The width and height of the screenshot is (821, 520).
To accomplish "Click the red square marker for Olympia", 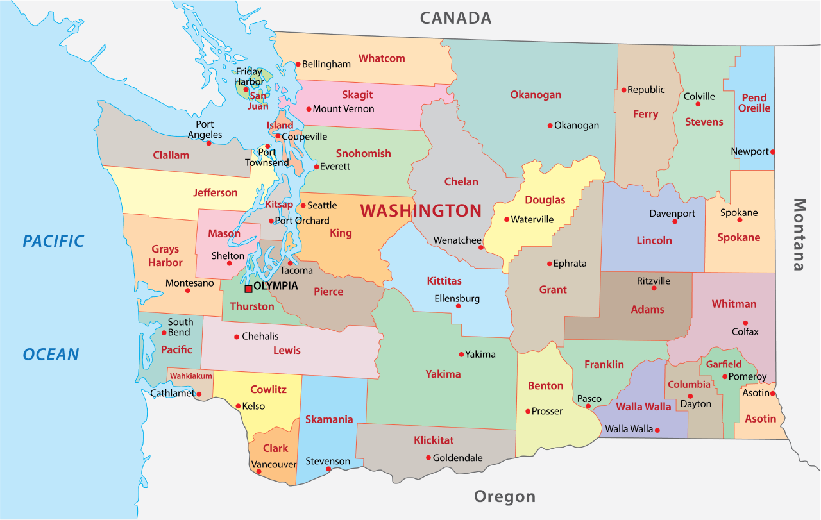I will [248, 289].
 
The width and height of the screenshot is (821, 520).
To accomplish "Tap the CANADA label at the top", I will [455, 18].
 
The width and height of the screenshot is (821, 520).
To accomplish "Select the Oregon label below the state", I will [504, 496].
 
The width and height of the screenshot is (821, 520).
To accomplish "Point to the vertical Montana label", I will [799, 234].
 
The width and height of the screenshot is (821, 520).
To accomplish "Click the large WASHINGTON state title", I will [421, 210].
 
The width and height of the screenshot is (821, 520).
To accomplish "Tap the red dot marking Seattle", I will [303, 206].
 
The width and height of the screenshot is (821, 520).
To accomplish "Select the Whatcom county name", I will [382, 58].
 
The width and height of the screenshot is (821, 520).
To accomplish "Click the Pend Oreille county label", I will [754, 103].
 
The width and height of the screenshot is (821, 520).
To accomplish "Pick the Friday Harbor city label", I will [249, 76].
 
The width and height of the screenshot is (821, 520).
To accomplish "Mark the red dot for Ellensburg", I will [458, 306].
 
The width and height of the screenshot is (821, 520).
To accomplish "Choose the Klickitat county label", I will [434, 440].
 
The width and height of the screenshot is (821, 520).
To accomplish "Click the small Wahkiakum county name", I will [190, 376].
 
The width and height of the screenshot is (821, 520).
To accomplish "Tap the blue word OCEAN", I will [51, 354].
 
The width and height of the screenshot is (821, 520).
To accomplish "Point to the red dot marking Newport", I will [773, 152].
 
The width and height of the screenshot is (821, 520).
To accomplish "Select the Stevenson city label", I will [328, 461].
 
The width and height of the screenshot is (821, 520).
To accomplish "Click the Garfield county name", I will [724, 364].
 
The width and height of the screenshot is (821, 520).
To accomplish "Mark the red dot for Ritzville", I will [654, 288].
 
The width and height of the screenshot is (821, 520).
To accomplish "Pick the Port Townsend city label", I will [267, 158].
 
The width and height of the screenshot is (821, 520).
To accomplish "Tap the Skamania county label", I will [329, 419].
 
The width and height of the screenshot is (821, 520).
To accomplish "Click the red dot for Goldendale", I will [428, 457].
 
